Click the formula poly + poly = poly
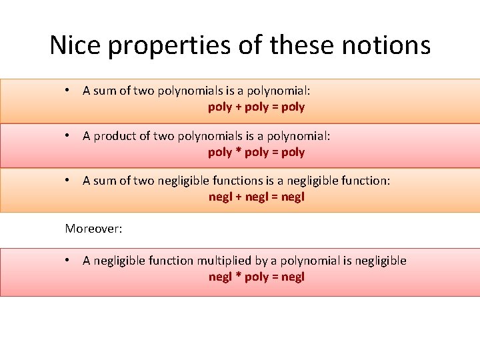[x=256, y=107]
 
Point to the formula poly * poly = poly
[x=256, y=152]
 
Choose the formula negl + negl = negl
[x=256, y=197]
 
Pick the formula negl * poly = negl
[x=256, y=277]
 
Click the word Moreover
[x=93, y=229]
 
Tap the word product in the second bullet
[x=115, y=136]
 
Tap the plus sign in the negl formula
[x=239, y=197]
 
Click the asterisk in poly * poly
[x=238, y=151]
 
